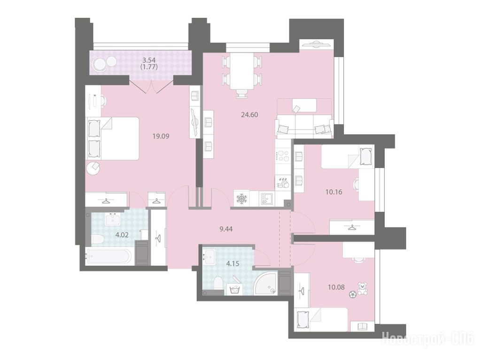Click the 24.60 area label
point(249,115)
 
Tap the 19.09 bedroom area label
point(161,136)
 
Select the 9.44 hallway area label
point(226,229)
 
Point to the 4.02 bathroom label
point(122,236)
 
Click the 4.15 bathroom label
point(232,263)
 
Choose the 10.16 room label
point(334,192)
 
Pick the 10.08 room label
point(336,287)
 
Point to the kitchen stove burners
point(283,156)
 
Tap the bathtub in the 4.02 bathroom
point(110,256)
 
